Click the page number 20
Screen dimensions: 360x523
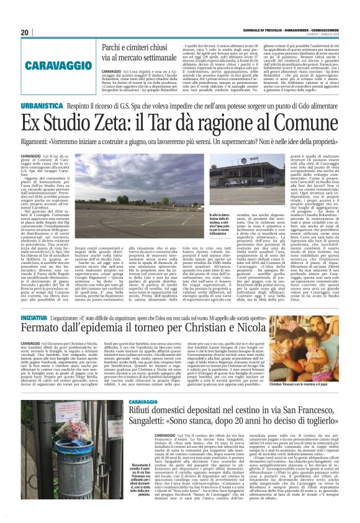(x=24, y=32)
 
